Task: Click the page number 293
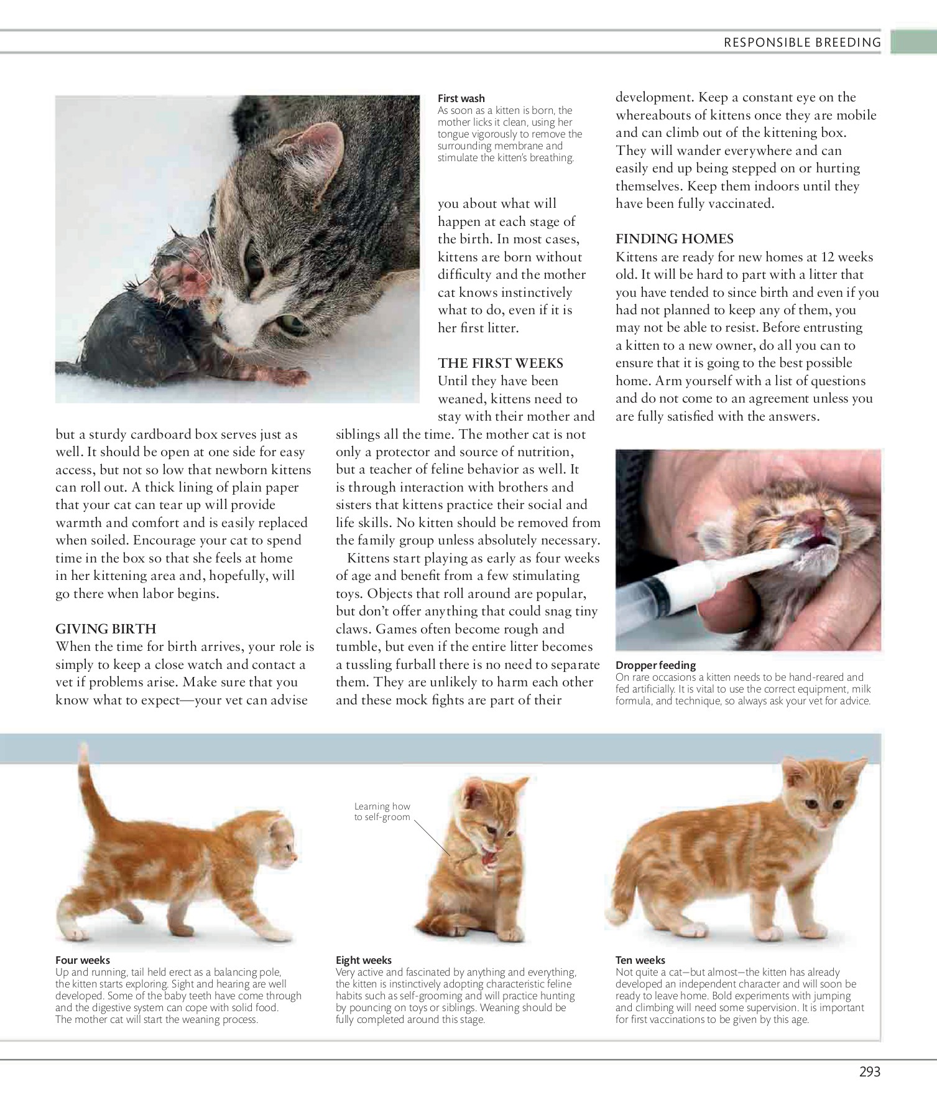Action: [869, 1071]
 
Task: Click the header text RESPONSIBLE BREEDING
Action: [802, 42]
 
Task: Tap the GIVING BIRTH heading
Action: [106, 628]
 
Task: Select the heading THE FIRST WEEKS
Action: [500, 363]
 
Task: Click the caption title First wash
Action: [461, 98]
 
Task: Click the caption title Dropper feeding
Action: [655, 665]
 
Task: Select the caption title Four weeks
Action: [82, 960]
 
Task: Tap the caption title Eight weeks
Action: [363, 960]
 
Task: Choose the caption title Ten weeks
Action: [640, 960]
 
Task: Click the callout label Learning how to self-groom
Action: [382, 811]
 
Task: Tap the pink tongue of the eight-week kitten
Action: [490, 859]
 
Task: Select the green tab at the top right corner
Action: [913, 42]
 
